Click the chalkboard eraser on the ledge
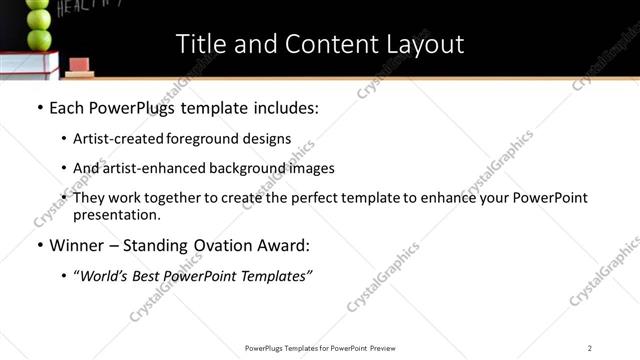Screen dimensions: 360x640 tap(81, 71)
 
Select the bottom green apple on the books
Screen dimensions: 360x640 tap(39, 39)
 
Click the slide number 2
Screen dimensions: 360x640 tap(590, 347)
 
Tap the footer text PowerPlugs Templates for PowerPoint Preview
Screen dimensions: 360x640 tap(319, 347)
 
